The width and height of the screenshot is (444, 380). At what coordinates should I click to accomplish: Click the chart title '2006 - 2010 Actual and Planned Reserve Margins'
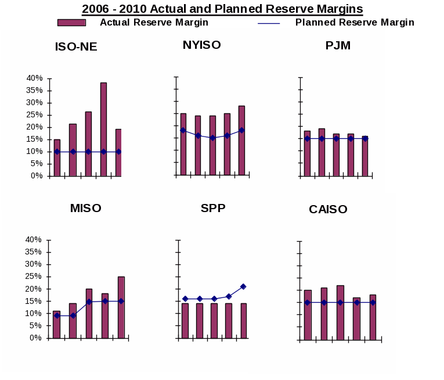[x=222, y=9]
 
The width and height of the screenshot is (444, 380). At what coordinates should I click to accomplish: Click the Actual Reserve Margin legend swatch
[x=71, y=23]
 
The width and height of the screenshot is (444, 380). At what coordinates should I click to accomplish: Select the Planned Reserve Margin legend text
[x=355, y=23]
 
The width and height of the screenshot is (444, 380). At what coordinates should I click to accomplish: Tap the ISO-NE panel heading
[x=76, y=47]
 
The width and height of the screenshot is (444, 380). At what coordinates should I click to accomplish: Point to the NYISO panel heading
[x=201, y=45]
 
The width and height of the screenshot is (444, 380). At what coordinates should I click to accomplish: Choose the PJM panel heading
[x=338, y=45]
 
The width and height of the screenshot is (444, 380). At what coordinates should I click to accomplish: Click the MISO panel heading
[x=85, y=208]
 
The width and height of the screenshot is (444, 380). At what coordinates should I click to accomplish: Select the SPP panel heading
[x=213, y=208]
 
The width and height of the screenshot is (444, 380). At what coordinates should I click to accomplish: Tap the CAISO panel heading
[x=328, y=209]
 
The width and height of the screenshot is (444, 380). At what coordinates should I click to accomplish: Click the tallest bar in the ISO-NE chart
[x=103, y=129]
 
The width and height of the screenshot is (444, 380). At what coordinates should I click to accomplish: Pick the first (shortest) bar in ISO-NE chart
[x=57, y=157]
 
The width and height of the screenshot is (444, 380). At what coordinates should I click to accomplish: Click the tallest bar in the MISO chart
[x=121, y=307]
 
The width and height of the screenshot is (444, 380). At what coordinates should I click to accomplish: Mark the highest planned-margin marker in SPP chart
[x=243, y=286]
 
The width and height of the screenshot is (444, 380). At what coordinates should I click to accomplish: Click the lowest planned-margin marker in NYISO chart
[x=212, y=138]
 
